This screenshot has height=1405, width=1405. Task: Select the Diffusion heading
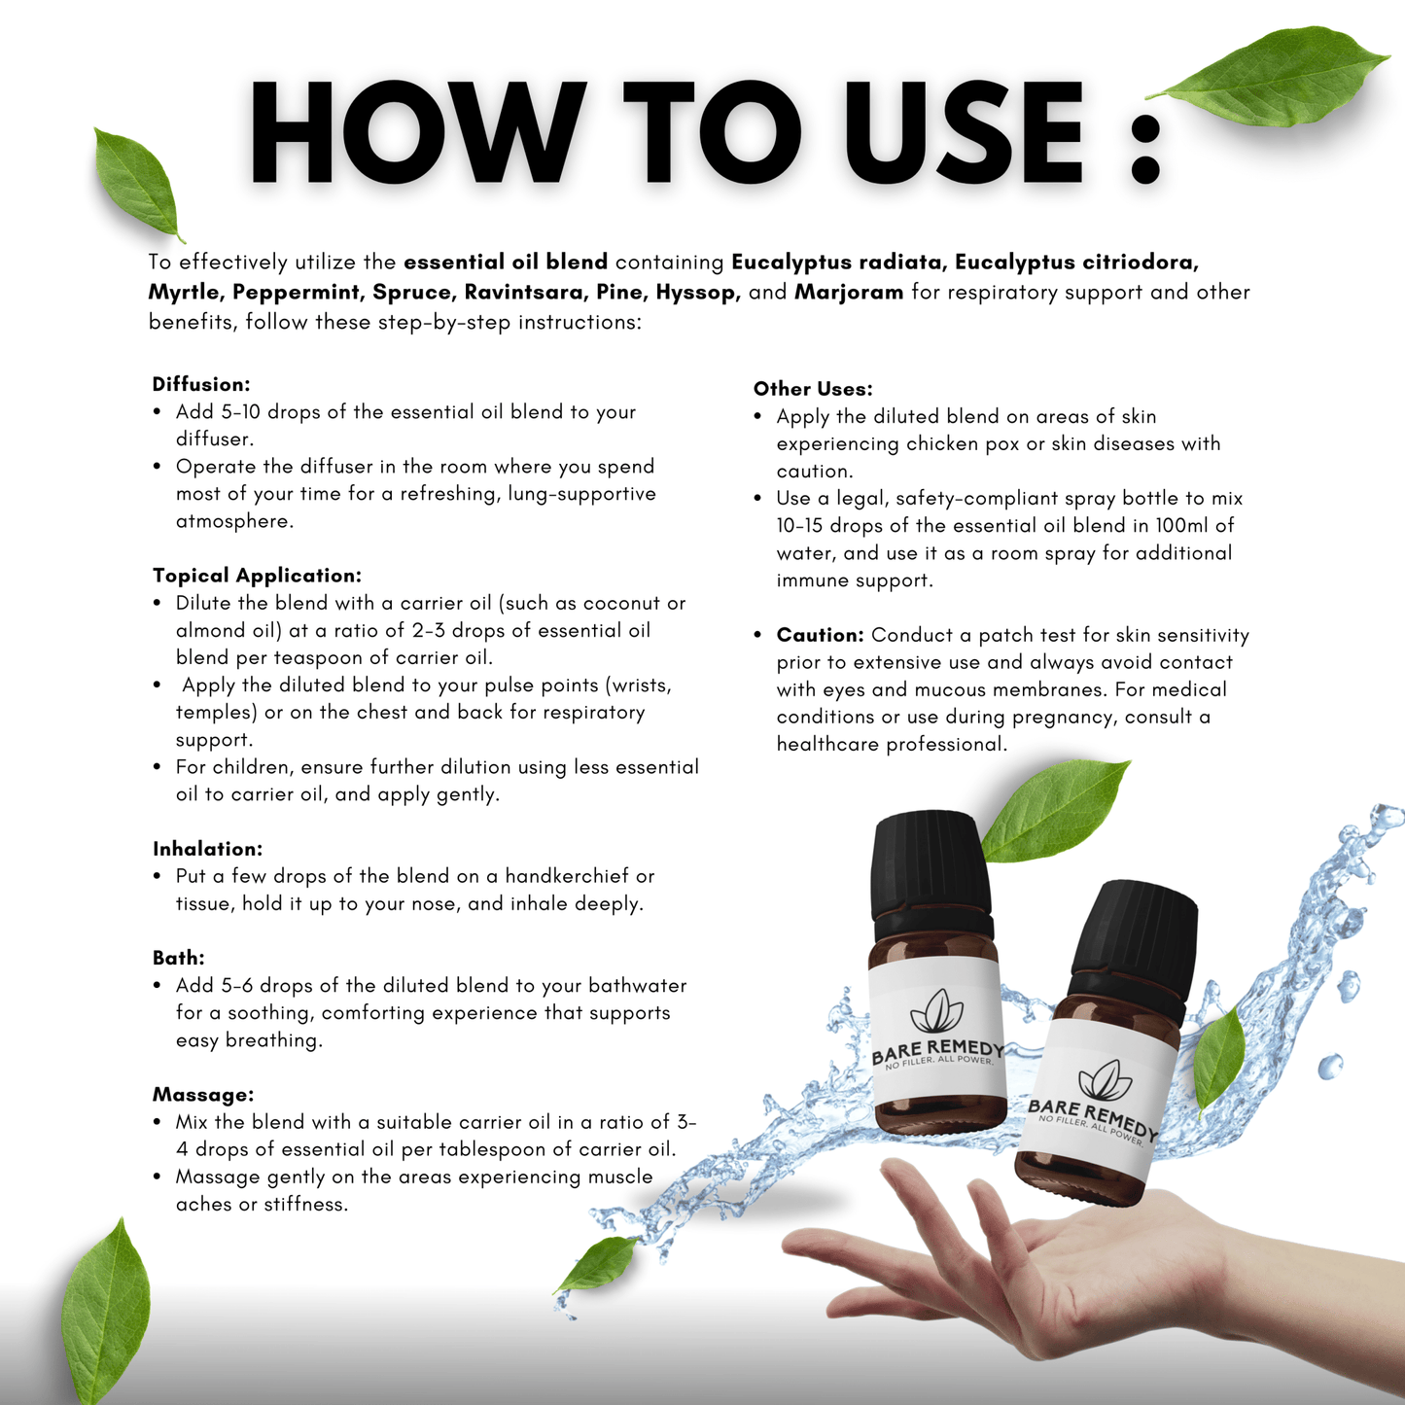point(201,384)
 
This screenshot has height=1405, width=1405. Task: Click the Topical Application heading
point(257,576)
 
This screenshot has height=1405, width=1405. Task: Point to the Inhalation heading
point(207,849)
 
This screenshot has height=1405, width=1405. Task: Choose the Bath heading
point(179,958)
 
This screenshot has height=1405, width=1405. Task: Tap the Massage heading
point(203,1095)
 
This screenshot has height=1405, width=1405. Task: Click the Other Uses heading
point(813,389)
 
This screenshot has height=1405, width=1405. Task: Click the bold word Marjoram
point(849,292)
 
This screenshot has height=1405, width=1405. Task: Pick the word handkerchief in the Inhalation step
point(567,876)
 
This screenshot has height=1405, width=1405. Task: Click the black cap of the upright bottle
point(931,875)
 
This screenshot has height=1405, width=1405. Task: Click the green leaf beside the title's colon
point(1269,77)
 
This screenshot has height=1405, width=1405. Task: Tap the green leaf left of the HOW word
point(138,184)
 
